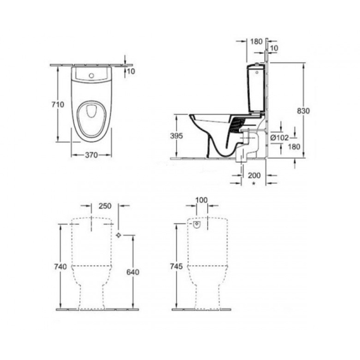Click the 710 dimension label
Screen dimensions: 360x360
point(58,105)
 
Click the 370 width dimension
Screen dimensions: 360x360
point(91,155)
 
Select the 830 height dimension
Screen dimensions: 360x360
point(304,111)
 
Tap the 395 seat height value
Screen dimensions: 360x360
point(177,136)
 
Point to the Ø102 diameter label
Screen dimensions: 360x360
point(279,138)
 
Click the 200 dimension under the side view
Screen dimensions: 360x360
point(254,176)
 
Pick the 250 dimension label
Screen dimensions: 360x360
point(105,206)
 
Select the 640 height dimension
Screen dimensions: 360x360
point(132,272)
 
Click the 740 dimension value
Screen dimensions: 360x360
point(60,267)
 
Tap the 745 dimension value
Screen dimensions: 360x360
point(176,266)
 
